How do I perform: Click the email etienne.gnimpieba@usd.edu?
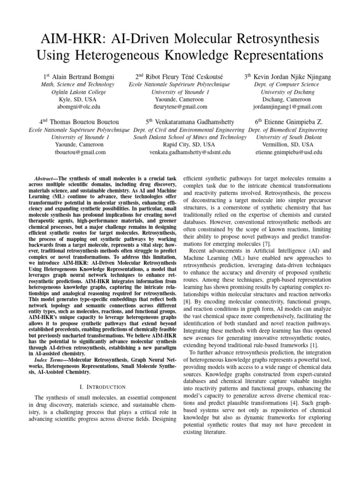(x=288, y=152)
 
